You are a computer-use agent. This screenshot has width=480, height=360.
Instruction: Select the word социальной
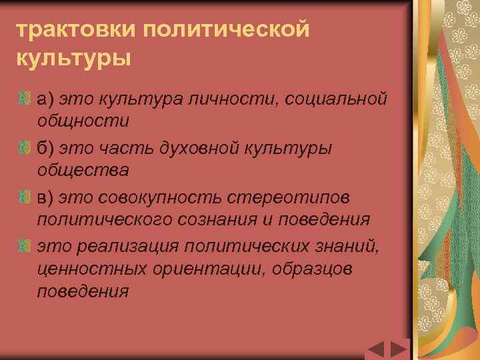(x=335, y=100)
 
